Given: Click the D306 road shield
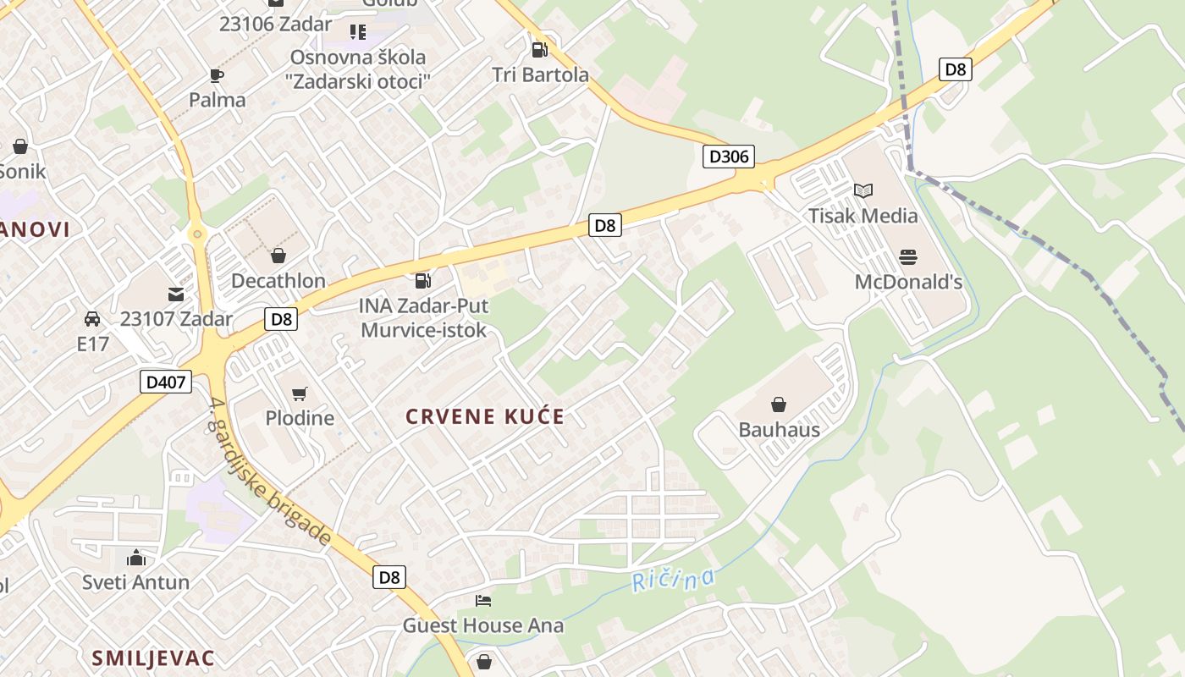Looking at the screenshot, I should coord(728,157).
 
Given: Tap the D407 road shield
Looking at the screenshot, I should coord(165,382).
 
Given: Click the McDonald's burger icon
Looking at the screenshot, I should coord(908,256).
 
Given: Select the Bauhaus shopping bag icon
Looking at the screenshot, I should coord(779,405).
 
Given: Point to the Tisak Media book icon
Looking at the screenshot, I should coord(863,190).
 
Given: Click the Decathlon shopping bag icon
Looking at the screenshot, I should coord(278,256).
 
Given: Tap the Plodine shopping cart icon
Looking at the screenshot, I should coord(299,394).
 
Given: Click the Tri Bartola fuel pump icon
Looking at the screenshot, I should coord(539,49).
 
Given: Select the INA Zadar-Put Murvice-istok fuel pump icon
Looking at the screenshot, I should coord(423,280).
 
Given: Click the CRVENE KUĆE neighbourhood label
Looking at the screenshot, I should coord(484,416).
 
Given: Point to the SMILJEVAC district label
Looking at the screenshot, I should coord(152,658).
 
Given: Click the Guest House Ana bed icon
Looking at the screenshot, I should coord(483,601).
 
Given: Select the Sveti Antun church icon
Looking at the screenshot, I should coord(135,558).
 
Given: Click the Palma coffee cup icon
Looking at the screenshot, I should coord(217,75).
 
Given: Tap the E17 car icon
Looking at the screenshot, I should coord(92,319).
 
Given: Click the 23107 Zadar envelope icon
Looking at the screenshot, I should coord(176,294).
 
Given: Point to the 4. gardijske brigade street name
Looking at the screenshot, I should coord(269,471).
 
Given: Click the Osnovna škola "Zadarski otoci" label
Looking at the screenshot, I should coord(358,69).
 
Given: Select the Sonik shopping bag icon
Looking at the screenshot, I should coord(20,146).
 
